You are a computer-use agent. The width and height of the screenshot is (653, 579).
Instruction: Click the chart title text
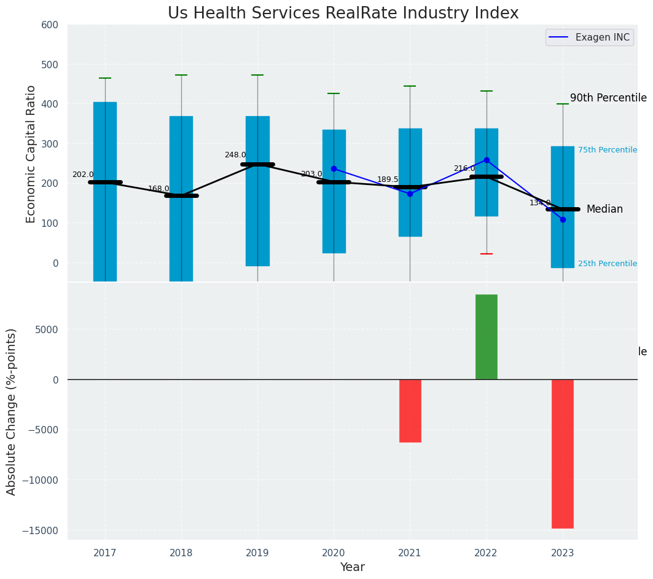click(343, 14)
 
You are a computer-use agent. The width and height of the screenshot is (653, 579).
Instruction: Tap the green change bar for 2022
click(487, 337)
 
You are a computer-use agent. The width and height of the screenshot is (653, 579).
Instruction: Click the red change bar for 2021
click(410, 411)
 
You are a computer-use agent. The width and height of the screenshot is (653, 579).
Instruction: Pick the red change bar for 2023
click(563, 454)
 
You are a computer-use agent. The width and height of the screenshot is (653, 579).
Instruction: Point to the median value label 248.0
click(235, 156)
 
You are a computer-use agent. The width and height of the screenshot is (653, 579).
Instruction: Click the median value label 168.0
click(158, 189)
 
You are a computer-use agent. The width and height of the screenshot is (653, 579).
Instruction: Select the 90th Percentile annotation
click(608, 98)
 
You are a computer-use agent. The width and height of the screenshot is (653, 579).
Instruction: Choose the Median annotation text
click(604, 210)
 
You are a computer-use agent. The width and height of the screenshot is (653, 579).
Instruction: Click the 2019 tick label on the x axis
click(257, 553)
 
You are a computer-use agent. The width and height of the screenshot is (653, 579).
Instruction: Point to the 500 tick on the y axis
click(50, 65)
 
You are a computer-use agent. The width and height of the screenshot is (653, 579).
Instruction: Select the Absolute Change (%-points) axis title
click(12, 411)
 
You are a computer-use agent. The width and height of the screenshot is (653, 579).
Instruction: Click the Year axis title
click(352, 567)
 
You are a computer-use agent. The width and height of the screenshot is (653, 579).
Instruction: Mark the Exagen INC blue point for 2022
click(487, 160)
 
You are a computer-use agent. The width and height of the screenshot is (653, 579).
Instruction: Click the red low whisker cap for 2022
click(487, 254)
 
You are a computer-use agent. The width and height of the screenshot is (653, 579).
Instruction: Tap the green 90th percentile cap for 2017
click(105, 78)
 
